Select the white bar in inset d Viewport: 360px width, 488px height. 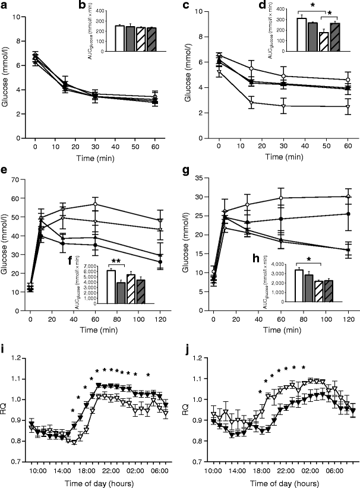click(x=301, y=34)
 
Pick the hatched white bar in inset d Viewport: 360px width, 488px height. click(x=324, y=42)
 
